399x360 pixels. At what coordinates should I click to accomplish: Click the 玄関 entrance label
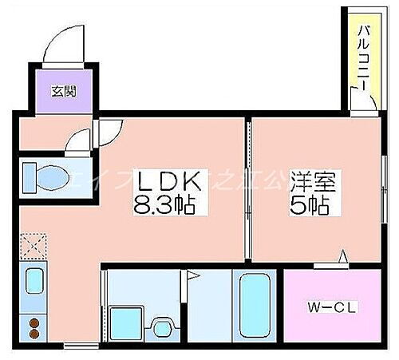65,91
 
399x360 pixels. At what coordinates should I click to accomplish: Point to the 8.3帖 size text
169,207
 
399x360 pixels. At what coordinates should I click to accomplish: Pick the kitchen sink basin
35,281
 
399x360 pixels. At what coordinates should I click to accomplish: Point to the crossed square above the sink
34,244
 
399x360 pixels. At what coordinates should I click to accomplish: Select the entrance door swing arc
62,46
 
